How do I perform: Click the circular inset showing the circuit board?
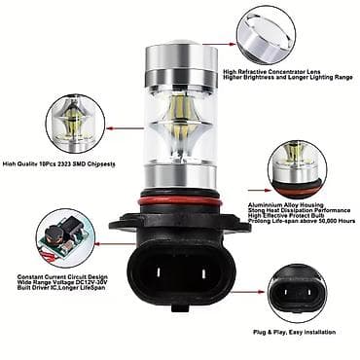63,239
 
